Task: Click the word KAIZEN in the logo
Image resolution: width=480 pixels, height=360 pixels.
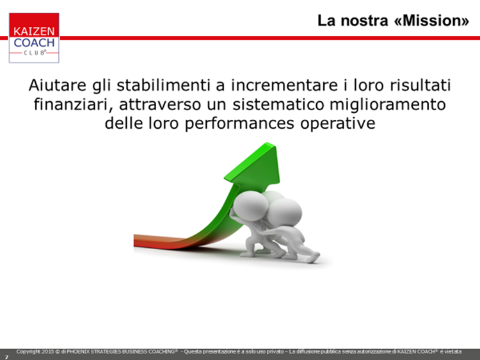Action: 34,31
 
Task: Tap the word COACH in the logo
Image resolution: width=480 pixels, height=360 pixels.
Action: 34,42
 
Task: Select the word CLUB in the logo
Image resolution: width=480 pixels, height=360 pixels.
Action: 35,53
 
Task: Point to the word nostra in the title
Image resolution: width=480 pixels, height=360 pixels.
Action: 364,21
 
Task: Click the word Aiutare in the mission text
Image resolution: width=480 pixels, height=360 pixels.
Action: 58,85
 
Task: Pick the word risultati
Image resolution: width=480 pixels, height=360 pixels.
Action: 420,85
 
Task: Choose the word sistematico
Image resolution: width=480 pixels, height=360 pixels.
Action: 278,104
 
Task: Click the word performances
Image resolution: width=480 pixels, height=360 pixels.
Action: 239,124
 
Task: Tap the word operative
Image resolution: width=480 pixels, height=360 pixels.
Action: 338,124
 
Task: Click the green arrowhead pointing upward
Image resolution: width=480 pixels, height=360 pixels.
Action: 256,165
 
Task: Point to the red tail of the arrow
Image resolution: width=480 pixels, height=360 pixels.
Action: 156,241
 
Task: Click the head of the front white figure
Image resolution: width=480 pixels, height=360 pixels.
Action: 251,205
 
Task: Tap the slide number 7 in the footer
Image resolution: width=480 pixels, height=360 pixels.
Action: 6,357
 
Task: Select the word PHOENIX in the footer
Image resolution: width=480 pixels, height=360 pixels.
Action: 78,352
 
